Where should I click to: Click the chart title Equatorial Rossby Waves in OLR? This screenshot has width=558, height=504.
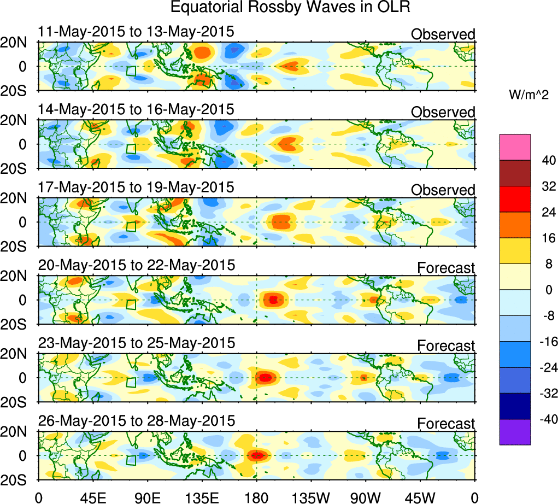pyautogui.click(x=290, y=8)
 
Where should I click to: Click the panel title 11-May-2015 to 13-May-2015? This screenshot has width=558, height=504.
pyautogui.click(x=136, y=32)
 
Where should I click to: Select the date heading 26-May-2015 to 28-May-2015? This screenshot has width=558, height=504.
pyautogui.click(x=137, y=421)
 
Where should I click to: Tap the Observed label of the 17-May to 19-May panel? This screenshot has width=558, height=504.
pyautogui.click(x=443, y=190)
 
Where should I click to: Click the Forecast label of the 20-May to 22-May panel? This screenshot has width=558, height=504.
pyautogui.click(x=446, y=268)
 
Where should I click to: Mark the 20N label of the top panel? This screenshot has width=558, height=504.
pyautogui.click(x=17, y=43)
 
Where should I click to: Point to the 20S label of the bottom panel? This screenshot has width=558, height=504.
pyautogui.click(x=17, y=479)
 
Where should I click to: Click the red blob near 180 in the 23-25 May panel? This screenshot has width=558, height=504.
pyautogui.click(x=265, y=377)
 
